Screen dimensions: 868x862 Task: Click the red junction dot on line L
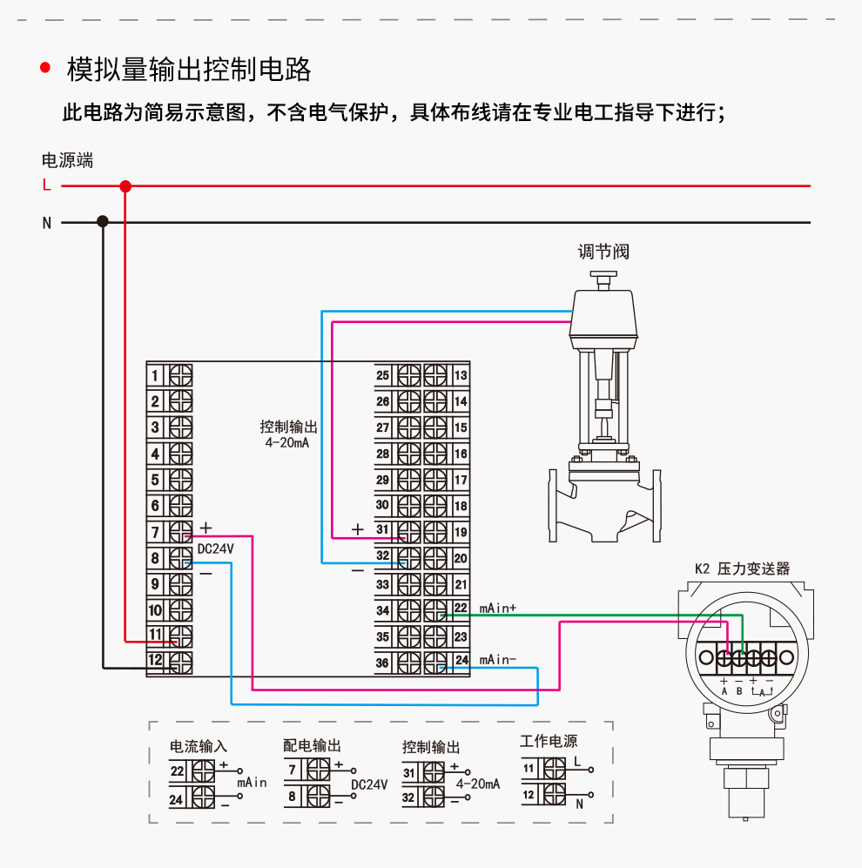(x=125, y=185)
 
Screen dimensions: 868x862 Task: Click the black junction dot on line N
(x=103, y=222)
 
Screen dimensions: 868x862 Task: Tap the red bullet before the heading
(x=45, y=69)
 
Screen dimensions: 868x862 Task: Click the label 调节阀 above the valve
(x=603, y=252)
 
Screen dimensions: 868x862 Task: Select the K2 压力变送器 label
(x=742, y=569)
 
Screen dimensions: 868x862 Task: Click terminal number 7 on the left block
(x=155, y=532)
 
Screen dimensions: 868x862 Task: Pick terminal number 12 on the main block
(x=155, y=660)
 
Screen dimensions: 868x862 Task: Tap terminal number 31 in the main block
(x=382, y=529)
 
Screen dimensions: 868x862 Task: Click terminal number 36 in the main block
(x=382, y=663)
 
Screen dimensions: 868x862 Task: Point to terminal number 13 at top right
(x=461, y=375)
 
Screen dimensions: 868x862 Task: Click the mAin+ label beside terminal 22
(x=498, y=609)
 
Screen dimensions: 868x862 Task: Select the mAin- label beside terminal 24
(x=498, y=660)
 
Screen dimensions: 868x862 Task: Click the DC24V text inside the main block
(x=216, y=548)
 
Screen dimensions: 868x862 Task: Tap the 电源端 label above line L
(x=67, y=160)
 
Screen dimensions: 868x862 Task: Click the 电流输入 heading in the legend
(x=198, y=746)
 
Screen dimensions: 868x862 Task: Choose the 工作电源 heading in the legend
(x=549, y=742)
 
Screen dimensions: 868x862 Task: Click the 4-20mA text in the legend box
(x=478, y=784)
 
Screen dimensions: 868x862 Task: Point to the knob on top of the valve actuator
(x=603, y=277)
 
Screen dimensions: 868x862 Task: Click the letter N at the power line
(x=47, y=223)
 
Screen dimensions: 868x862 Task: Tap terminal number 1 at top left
(x=155, y=375)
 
